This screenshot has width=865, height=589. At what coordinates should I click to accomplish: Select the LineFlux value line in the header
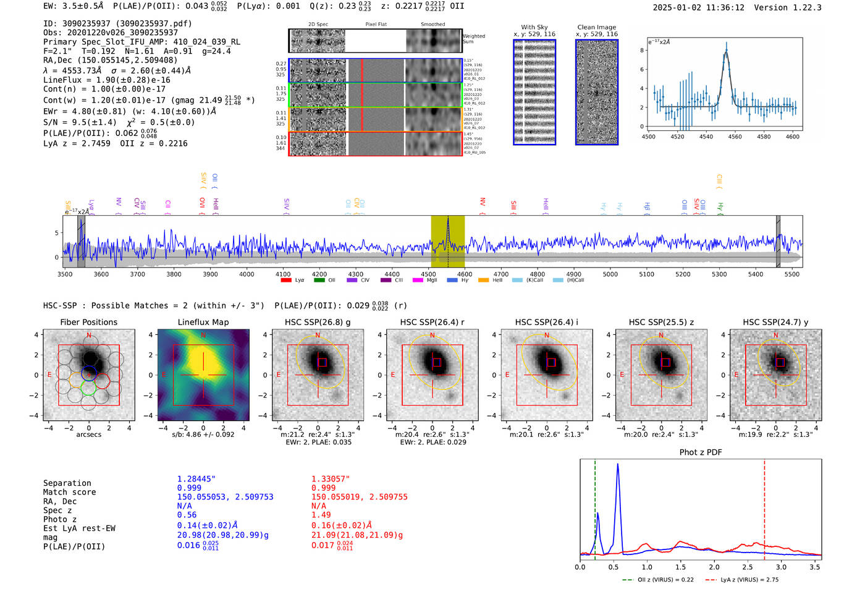[x=106, y=80]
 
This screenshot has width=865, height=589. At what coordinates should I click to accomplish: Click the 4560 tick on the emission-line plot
[x=735, y=137]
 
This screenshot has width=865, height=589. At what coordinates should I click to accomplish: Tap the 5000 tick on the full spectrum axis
[x=610, y=274]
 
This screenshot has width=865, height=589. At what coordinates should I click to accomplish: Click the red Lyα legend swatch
[x=286, y=281]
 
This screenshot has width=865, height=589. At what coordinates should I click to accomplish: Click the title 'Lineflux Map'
[x=203, y=322]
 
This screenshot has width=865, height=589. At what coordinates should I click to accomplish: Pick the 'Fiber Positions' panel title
[x=88, y=322]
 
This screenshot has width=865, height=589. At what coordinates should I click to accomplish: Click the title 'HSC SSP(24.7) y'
[x=775, y=322]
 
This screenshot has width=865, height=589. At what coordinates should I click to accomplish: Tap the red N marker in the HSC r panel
[x=432, y=336]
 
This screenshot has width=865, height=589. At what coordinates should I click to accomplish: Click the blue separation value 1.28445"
[x=196, y=479]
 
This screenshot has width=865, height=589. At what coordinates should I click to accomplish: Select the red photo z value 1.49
[x=321, y=515]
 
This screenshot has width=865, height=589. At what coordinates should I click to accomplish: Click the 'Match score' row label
[x=69, y=492]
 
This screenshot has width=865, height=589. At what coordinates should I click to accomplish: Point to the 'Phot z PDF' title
[x=701, y=452]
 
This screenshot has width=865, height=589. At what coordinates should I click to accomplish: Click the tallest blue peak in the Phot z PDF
[x=617, y=465]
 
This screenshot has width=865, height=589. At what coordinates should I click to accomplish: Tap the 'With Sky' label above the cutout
[x=534, y=27]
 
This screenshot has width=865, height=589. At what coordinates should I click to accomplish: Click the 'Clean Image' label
[x=596, y=27]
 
